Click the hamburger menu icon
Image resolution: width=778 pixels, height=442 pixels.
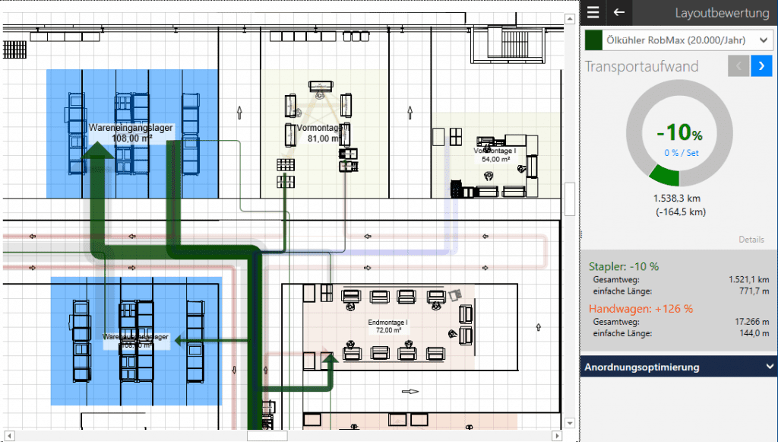tap(593, 12)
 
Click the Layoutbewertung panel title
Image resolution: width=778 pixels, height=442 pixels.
tap(723, 12)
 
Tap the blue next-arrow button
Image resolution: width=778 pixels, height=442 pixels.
tap(761, 66)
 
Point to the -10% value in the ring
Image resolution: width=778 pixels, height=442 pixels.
tap(679, 132)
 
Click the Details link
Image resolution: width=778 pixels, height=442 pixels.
tap(751, 240)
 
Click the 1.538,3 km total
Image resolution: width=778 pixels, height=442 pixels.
tap(679, 198)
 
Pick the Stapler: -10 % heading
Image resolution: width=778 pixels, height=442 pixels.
tap(624, 266)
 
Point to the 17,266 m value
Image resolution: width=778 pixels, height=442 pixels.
tap(753, 322)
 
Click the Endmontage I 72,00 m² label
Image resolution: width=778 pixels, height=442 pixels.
tap(388, 327)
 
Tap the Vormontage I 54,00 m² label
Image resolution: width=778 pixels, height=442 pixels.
tap(495, 154)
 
